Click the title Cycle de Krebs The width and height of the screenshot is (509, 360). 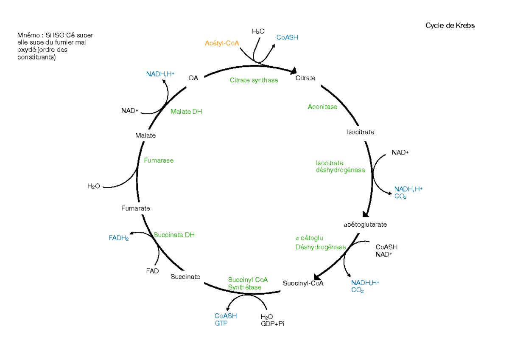click(x=450, y=25)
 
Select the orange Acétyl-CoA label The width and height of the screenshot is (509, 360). click(x=222, y=43)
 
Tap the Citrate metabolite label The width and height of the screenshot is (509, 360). click(x=305, y=78)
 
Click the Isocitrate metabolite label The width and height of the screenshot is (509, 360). click(x=360, y=132)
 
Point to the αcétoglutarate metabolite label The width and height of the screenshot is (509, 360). click(x=365, y=225)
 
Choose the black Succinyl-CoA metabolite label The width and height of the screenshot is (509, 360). click(x=303, y=284)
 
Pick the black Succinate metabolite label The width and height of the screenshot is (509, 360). click(x=185, y=277)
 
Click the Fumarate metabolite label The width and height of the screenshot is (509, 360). click(x=136, y=208)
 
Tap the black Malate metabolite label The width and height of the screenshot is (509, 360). click(x=145, y=136)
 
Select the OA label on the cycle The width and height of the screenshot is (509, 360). click(x=193, y=78)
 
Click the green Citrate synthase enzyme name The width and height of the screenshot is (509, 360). click(x=254, y=80)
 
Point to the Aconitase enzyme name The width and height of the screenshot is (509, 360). click(x=322, y=107)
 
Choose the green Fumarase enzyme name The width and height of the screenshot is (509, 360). click(x=159, y=160)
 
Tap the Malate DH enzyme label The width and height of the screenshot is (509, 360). click(x=186, y=112)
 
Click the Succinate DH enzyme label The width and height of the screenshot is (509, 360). click(x=174, y=235)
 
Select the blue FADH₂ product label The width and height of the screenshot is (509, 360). click(x=119, y=238)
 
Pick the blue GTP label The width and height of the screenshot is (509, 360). click(x=221, y=323)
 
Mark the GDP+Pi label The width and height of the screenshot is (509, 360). click(x=272, y=324)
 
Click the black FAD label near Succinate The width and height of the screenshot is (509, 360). click(x=152, y=271)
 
